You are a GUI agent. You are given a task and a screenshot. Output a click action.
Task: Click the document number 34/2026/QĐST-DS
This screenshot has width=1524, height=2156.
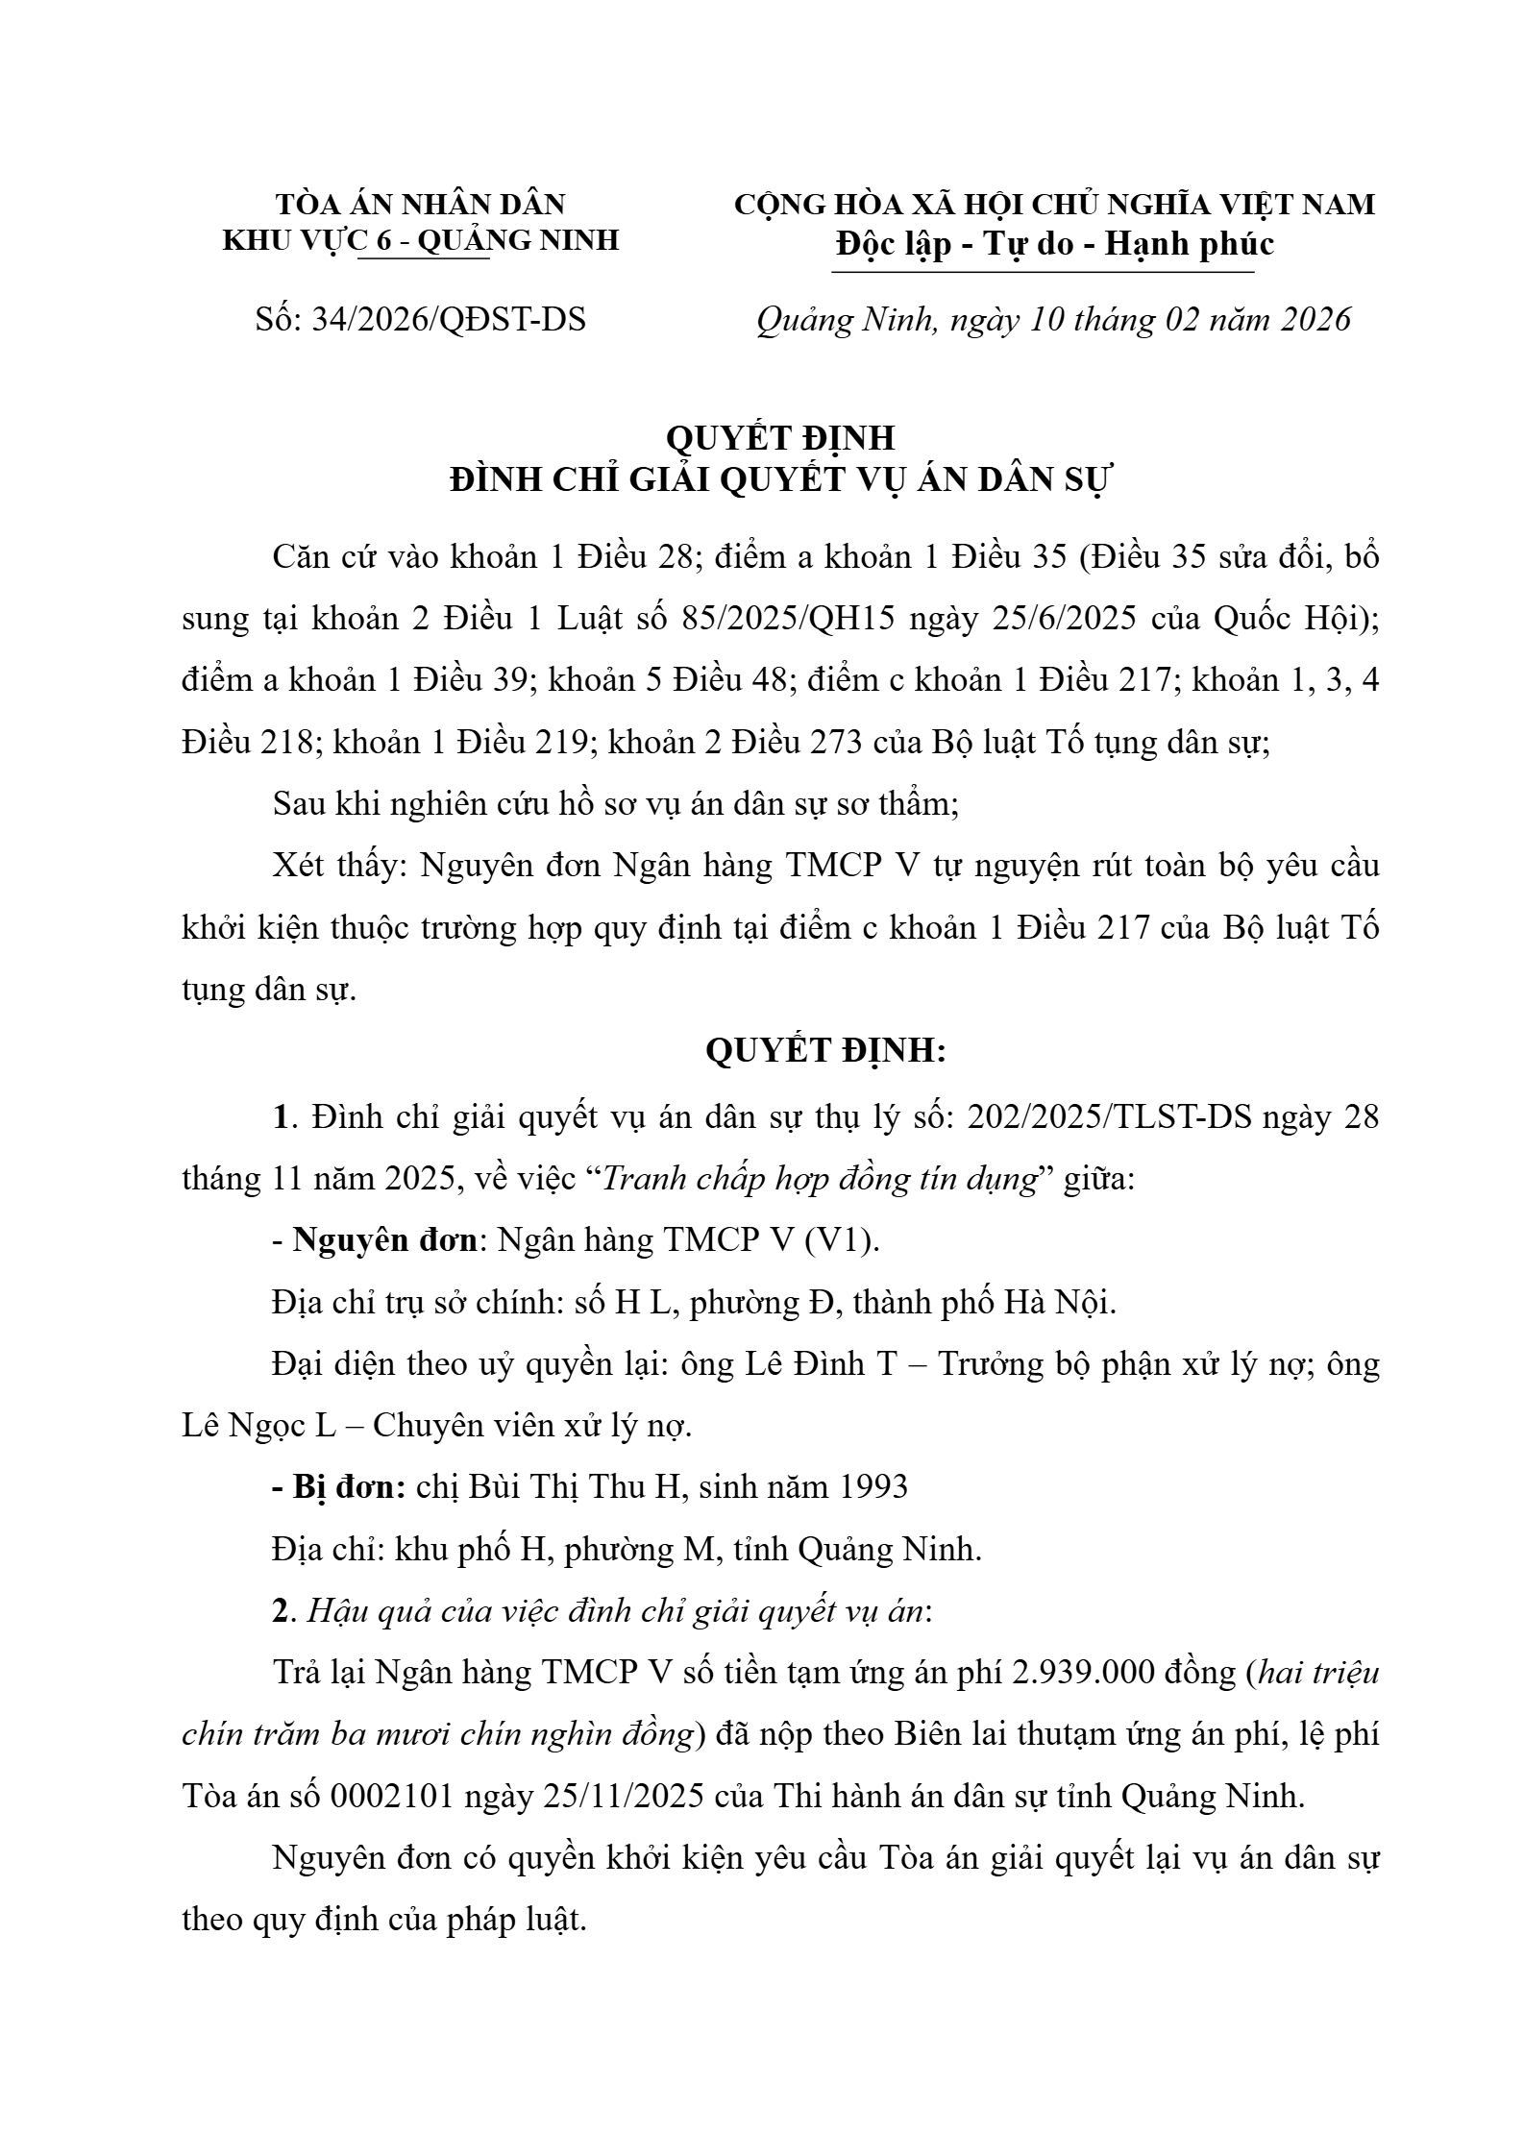(x=449, y=320)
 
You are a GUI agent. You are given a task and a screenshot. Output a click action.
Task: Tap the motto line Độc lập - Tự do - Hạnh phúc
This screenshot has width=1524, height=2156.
(x=1054, y=244)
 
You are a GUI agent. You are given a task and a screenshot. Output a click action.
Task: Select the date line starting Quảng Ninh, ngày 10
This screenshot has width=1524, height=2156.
(x=1054, y=320)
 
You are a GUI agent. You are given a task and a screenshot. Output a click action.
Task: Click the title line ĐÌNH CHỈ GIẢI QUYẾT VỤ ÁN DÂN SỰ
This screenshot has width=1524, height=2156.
(x=780, y=480)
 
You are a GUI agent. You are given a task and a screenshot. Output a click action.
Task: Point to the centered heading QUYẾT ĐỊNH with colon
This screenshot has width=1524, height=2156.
(x=825, y=1051)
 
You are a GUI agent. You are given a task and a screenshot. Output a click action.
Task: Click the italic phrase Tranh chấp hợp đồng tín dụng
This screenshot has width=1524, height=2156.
(x=820, y=1179)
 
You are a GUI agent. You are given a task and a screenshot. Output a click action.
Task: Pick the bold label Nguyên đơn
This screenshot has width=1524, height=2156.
(x=384, y=1240)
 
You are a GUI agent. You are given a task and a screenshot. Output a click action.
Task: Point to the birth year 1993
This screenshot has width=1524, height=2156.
(x=873, y=1486)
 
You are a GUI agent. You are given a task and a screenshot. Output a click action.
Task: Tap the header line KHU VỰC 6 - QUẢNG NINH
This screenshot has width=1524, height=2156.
(x=421, y=240)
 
